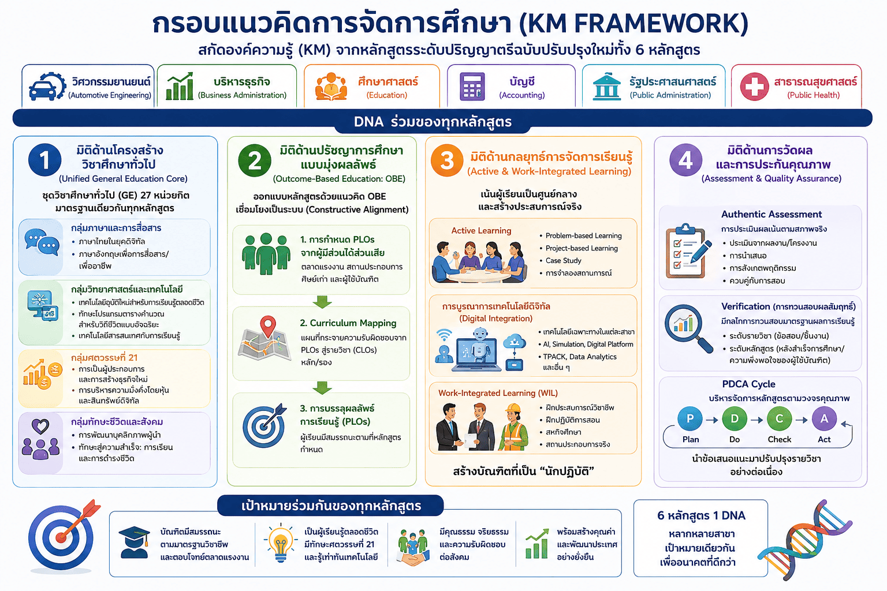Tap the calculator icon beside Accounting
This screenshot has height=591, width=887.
tap(472, 87)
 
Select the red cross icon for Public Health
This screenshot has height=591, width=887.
tap(755, 87)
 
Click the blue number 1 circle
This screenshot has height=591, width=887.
tap(44, 160)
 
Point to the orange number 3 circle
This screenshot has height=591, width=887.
tap(447, 160)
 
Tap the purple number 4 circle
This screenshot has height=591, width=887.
tap(685, 160)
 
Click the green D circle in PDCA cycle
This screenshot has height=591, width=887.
tap(735, 419)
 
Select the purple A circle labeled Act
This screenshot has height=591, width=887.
tap(824, 419)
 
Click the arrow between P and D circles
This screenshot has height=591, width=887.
tap(712, 420)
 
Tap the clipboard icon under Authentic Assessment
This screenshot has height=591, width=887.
tap(687, 251)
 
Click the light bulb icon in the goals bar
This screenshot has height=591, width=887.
tap(281, 543)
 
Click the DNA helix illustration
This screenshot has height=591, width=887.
tap(804, 540)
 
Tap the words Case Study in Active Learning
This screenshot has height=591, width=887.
tap(563, 260)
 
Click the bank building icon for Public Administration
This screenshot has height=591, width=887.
tap(606, 87)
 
